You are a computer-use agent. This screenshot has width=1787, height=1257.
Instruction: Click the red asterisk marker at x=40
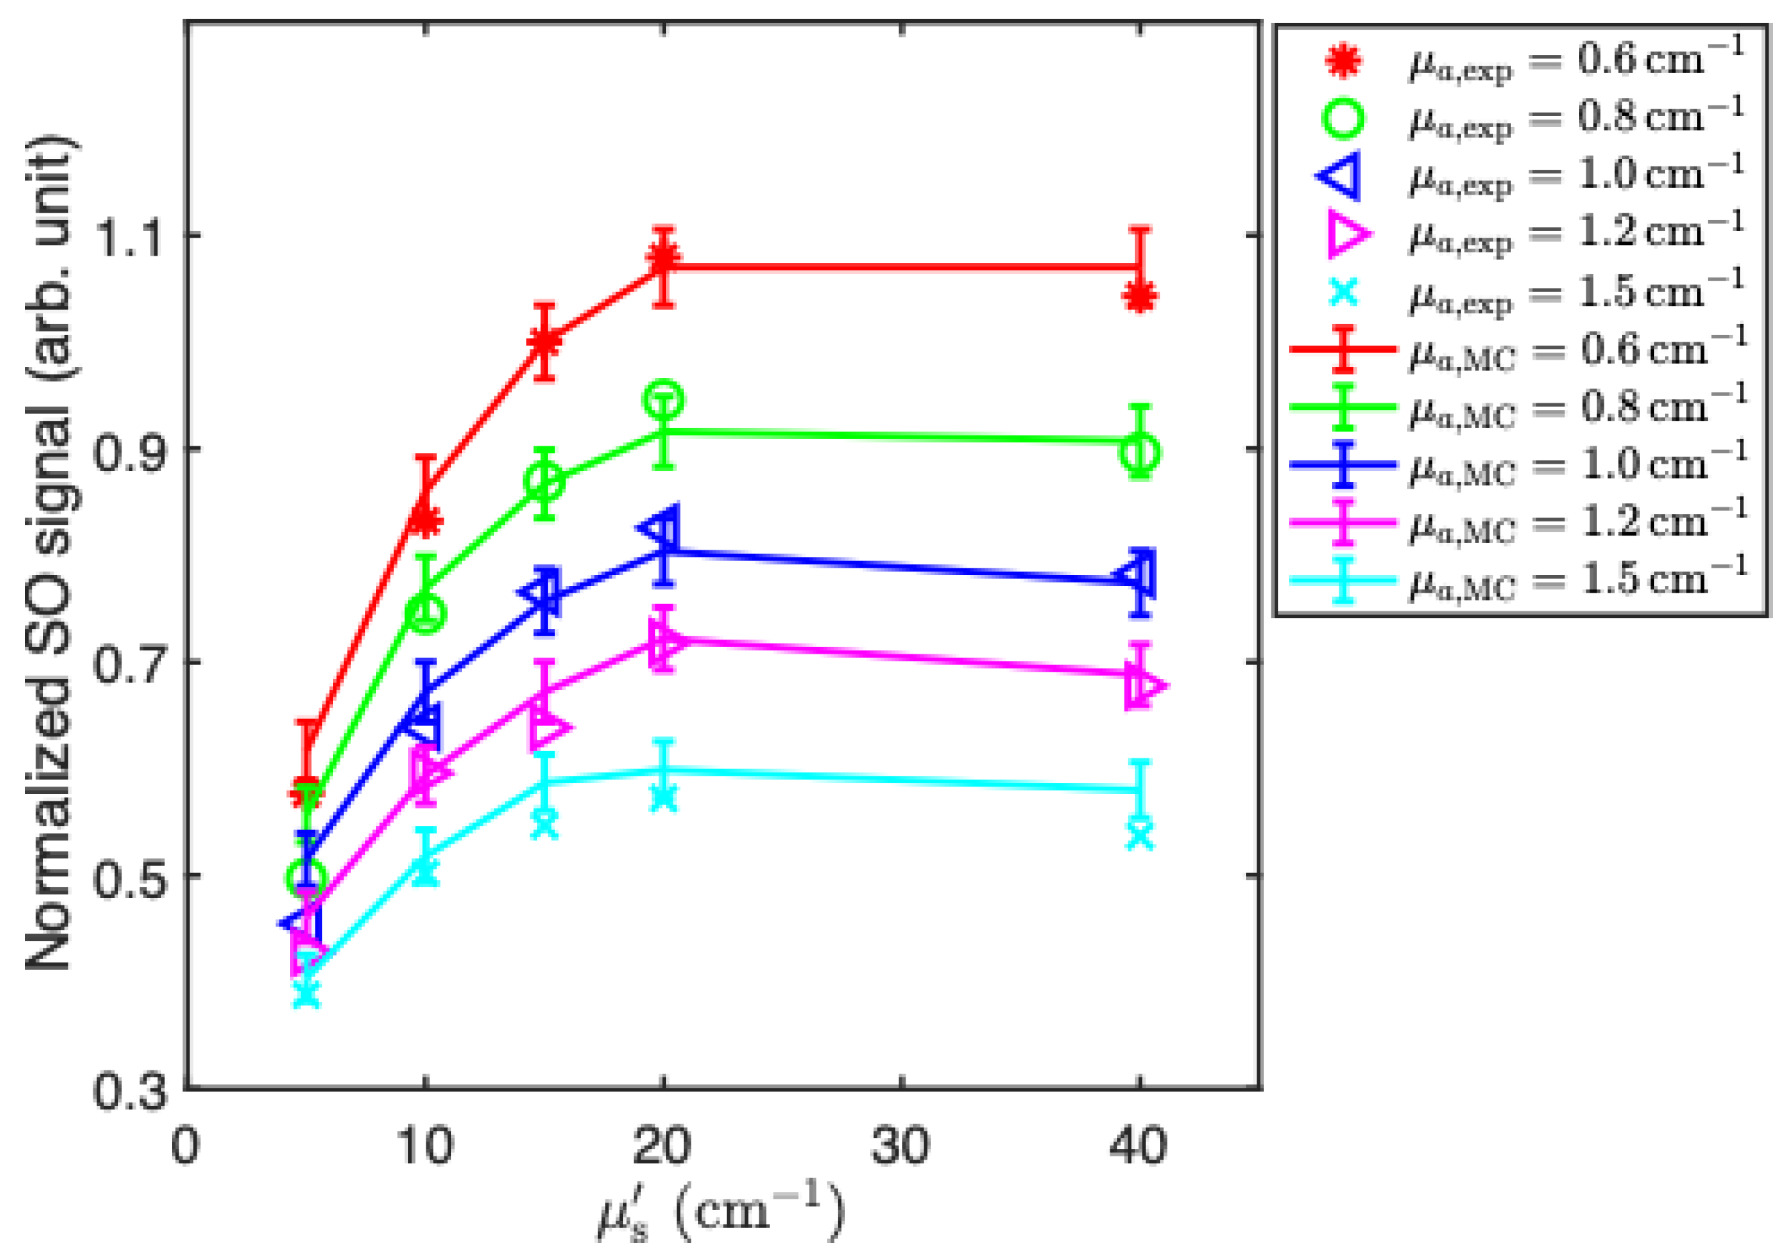point(1139,297)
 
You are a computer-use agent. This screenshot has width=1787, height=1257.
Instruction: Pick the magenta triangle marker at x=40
point(1144,687)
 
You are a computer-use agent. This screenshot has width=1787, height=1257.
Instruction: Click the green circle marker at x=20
point(663,400)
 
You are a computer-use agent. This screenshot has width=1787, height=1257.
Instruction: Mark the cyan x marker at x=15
point(545,823)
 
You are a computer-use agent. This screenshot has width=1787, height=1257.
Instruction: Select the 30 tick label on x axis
point(900,1146)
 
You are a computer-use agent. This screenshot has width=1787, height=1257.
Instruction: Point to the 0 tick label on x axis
point(185,1146)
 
